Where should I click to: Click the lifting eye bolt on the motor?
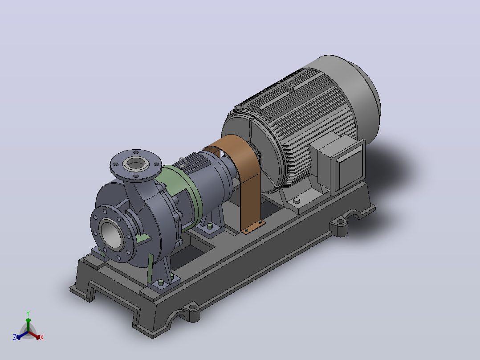pos(290,85)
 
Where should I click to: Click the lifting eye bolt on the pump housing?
pos(183,162)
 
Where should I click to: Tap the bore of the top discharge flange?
pos(136,164)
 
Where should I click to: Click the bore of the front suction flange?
pos(111,235)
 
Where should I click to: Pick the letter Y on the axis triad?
pos(28,314)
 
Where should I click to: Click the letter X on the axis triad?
pos(42,337)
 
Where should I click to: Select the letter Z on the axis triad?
pos(14,337)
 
